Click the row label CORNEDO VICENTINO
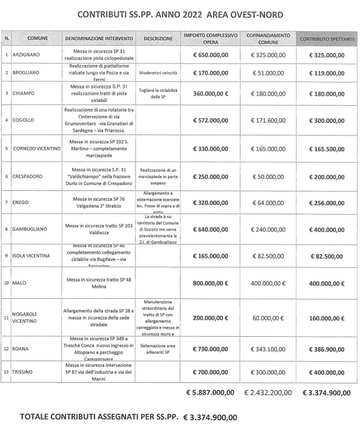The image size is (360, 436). (36, 148)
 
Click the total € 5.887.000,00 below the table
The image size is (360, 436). (210, 392)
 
